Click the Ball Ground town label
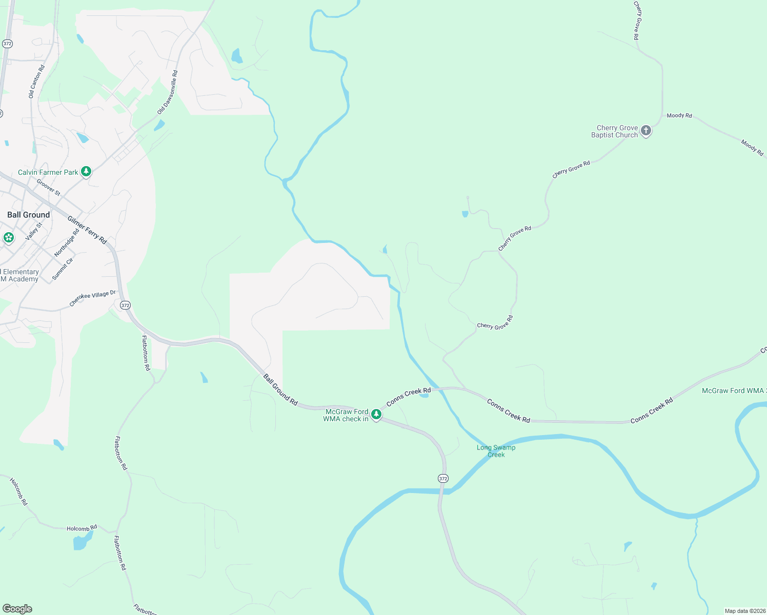point(29,215)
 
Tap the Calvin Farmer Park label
point(48,172)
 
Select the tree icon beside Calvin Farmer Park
point(86,172)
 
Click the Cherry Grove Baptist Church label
point(614,132)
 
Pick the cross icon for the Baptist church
point(646,131)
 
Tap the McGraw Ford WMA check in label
point(346,415)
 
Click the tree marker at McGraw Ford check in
point(376,414)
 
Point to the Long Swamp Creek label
point(496,451)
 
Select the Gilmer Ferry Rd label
point(87,230)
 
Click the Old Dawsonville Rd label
point(168,92)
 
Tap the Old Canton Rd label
point(36,81)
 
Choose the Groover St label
point(49,187)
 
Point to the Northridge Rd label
point(67,243)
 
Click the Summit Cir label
point(63,269)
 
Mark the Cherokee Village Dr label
point(93,298)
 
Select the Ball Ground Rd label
point(280,390)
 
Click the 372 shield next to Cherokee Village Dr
point(125,305)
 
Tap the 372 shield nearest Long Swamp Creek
point(443,479)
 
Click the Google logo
point(17,609)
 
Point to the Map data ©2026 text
point(744,611)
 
